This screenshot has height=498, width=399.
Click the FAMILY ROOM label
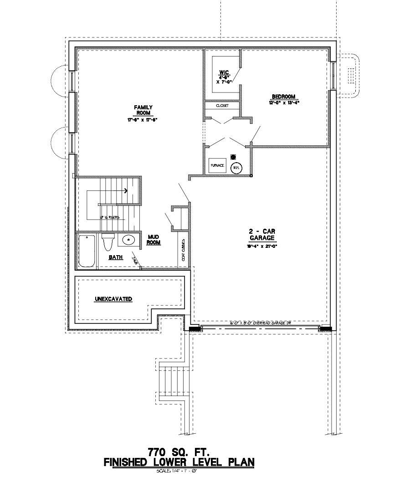(140, 110)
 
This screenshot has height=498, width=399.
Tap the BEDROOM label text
(283, 97)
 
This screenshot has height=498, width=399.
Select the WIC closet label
(224, 72)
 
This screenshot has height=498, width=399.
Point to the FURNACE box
(217, 165)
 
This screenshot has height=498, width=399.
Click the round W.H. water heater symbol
(236, 168)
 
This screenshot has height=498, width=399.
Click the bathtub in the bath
(87, 252)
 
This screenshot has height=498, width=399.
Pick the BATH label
(116, 257)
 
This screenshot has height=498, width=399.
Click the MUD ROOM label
(153, 240)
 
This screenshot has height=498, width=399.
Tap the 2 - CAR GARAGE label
(261, 235)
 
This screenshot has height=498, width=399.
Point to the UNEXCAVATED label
(113, 299)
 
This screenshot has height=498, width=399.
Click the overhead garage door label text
(261, 323)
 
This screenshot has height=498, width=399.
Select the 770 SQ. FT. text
(179, 452)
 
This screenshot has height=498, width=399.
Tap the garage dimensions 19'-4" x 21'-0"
(261, 246)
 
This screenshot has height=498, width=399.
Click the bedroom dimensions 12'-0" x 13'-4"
(283, 103)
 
